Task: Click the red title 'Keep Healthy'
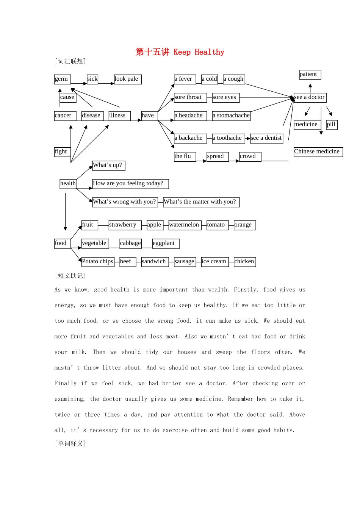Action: tap(180, 52)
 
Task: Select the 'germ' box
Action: tap(62, 79)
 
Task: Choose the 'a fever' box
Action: tap(185, 79)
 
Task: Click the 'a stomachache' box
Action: tap(231, 116)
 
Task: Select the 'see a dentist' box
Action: tap(267, 138)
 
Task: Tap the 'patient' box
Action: tap(310, 75)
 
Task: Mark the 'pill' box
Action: tap(332, 125)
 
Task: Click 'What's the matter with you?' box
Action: tap(201, 202)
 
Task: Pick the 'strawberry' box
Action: tap(125, 225)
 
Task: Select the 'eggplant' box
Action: tap(166, 243)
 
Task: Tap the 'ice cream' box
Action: tap(215, 262)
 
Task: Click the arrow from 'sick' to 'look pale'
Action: tap(106, 83)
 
